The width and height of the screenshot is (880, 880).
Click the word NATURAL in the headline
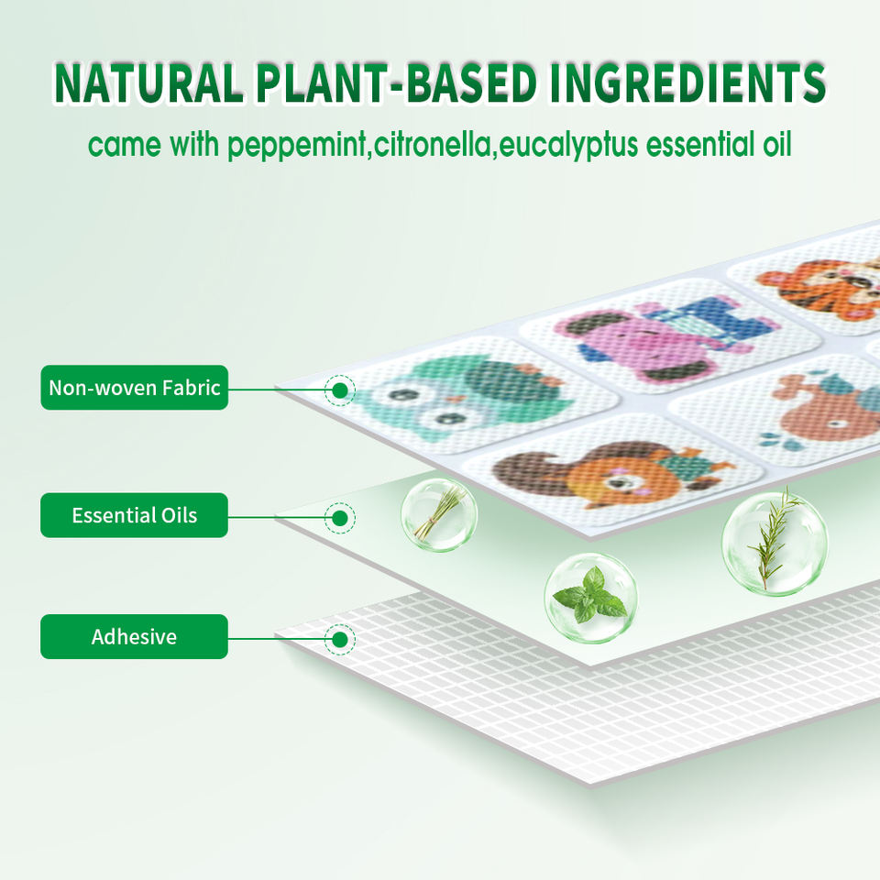(148, 83)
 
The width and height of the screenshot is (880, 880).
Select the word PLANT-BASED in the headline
(396, 83)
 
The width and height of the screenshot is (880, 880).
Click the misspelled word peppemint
(299, 146)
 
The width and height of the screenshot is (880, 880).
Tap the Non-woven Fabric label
(134, 387)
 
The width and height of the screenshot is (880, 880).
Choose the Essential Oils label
(134, 515)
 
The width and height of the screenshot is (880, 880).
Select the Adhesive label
(134, 636)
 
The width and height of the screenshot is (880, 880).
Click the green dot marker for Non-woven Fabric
(339, 390)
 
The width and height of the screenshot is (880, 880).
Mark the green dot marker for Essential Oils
(339, 518)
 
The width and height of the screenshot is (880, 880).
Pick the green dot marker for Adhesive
(339, 639)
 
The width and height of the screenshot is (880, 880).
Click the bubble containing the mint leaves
(590, 599)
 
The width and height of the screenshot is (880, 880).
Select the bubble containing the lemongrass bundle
(439, 514)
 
